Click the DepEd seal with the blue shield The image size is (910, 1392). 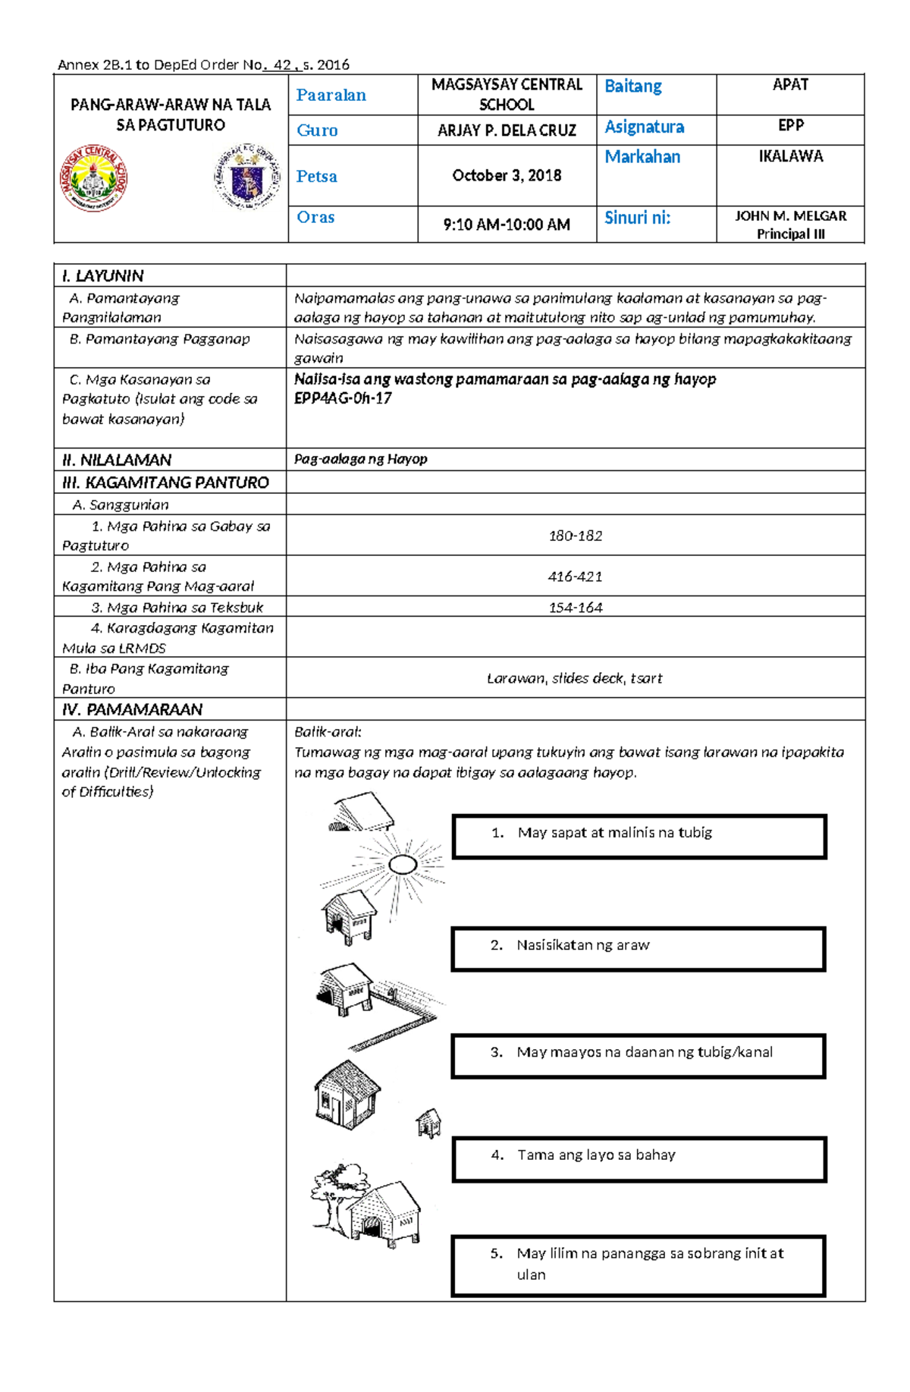click(x=246, y=178)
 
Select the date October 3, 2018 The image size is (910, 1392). click(x=507, y=176)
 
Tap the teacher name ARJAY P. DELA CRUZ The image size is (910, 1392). click(x=507, y=130)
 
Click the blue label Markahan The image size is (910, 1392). click(x=642, y=157)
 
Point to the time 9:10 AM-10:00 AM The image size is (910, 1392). click(x=507, y=225)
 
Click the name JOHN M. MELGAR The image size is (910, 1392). click(x=790, y=216)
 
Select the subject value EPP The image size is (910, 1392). click(x=790, y=126)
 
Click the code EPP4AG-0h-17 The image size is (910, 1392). click(x=343, y=398)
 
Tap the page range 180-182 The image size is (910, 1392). click(x=575, y=536)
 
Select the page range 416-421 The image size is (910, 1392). click(x=575, y=577)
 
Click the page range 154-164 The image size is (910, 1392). click(x=575, y=608)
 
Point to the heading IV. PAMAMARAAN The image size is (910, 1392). click(x=133, y=709)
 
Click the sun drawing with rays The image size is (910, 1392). click(x=402, y=864)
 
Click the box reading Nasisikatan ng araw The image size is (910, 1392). click(x=638, y=948)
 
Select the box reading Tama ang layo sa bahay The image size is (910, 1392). click(x=639, y=1158)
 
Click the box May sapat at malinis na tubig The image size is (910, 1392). click(x=639, y=836)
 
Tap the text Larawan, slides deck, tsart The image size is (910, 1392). click(x=575, y=678)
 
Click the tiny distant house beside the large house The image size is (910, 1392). click(x=428, y=1123)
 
